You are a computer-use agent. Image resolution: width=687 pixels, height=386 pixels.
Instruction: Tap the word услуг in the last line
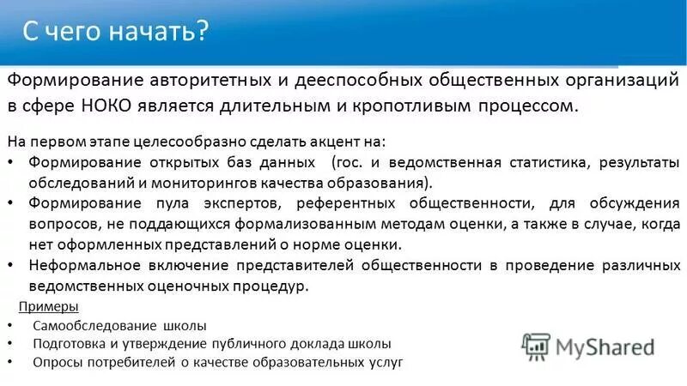[x=384, y=362]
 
